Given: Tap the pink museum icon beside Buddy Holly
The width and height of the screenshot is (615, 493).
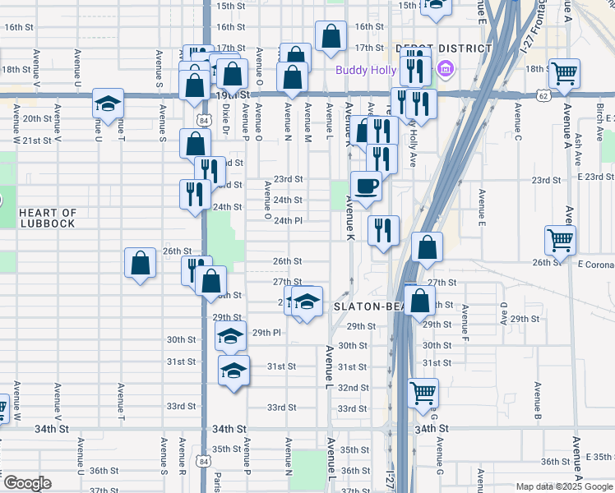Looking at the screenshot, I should tap(446, 69).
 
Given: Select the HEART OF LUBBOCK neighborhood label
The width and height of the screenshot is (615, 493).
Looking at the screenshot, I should tap(48, 218).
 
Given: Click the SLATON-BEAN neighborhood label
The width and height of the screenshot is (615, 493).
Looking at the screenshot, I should tap(368, 306).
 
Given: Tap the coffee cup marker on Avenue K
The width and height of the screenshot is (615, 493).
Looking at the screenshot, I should tap(366, 186).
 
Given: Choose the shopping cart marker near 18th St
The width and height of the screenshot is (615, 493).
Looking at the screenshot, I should tap(564, 73).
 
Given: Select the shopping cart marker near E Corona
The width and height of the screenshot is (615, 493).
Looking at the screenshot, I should tap(560, 240).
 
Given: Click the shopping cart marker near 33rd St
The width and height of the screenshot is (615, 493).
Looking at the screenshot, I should tap(423, 393).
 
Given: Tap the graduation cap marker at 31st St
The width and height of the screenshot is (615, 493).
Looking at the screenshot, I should tap(234, 371).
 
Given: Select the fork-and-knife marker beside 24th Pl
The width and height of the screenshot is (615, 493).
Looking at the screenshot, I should tap(384, 230).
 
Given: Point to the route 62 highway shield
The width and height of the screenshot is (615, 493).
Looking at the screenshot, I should tap(543, 95).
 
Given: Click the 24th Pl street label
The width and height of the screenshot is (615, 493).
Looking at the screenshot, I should tap(289, 221).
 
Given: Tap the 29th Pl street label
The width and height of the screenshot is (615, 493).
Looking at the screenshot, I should tap(267, 333).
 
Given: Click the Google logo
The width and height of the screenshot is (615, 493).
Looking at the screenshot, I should tap(27, 483).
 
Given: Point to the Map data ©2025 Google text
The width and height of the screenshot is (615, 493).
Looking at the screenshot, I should tap(562, 486).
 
